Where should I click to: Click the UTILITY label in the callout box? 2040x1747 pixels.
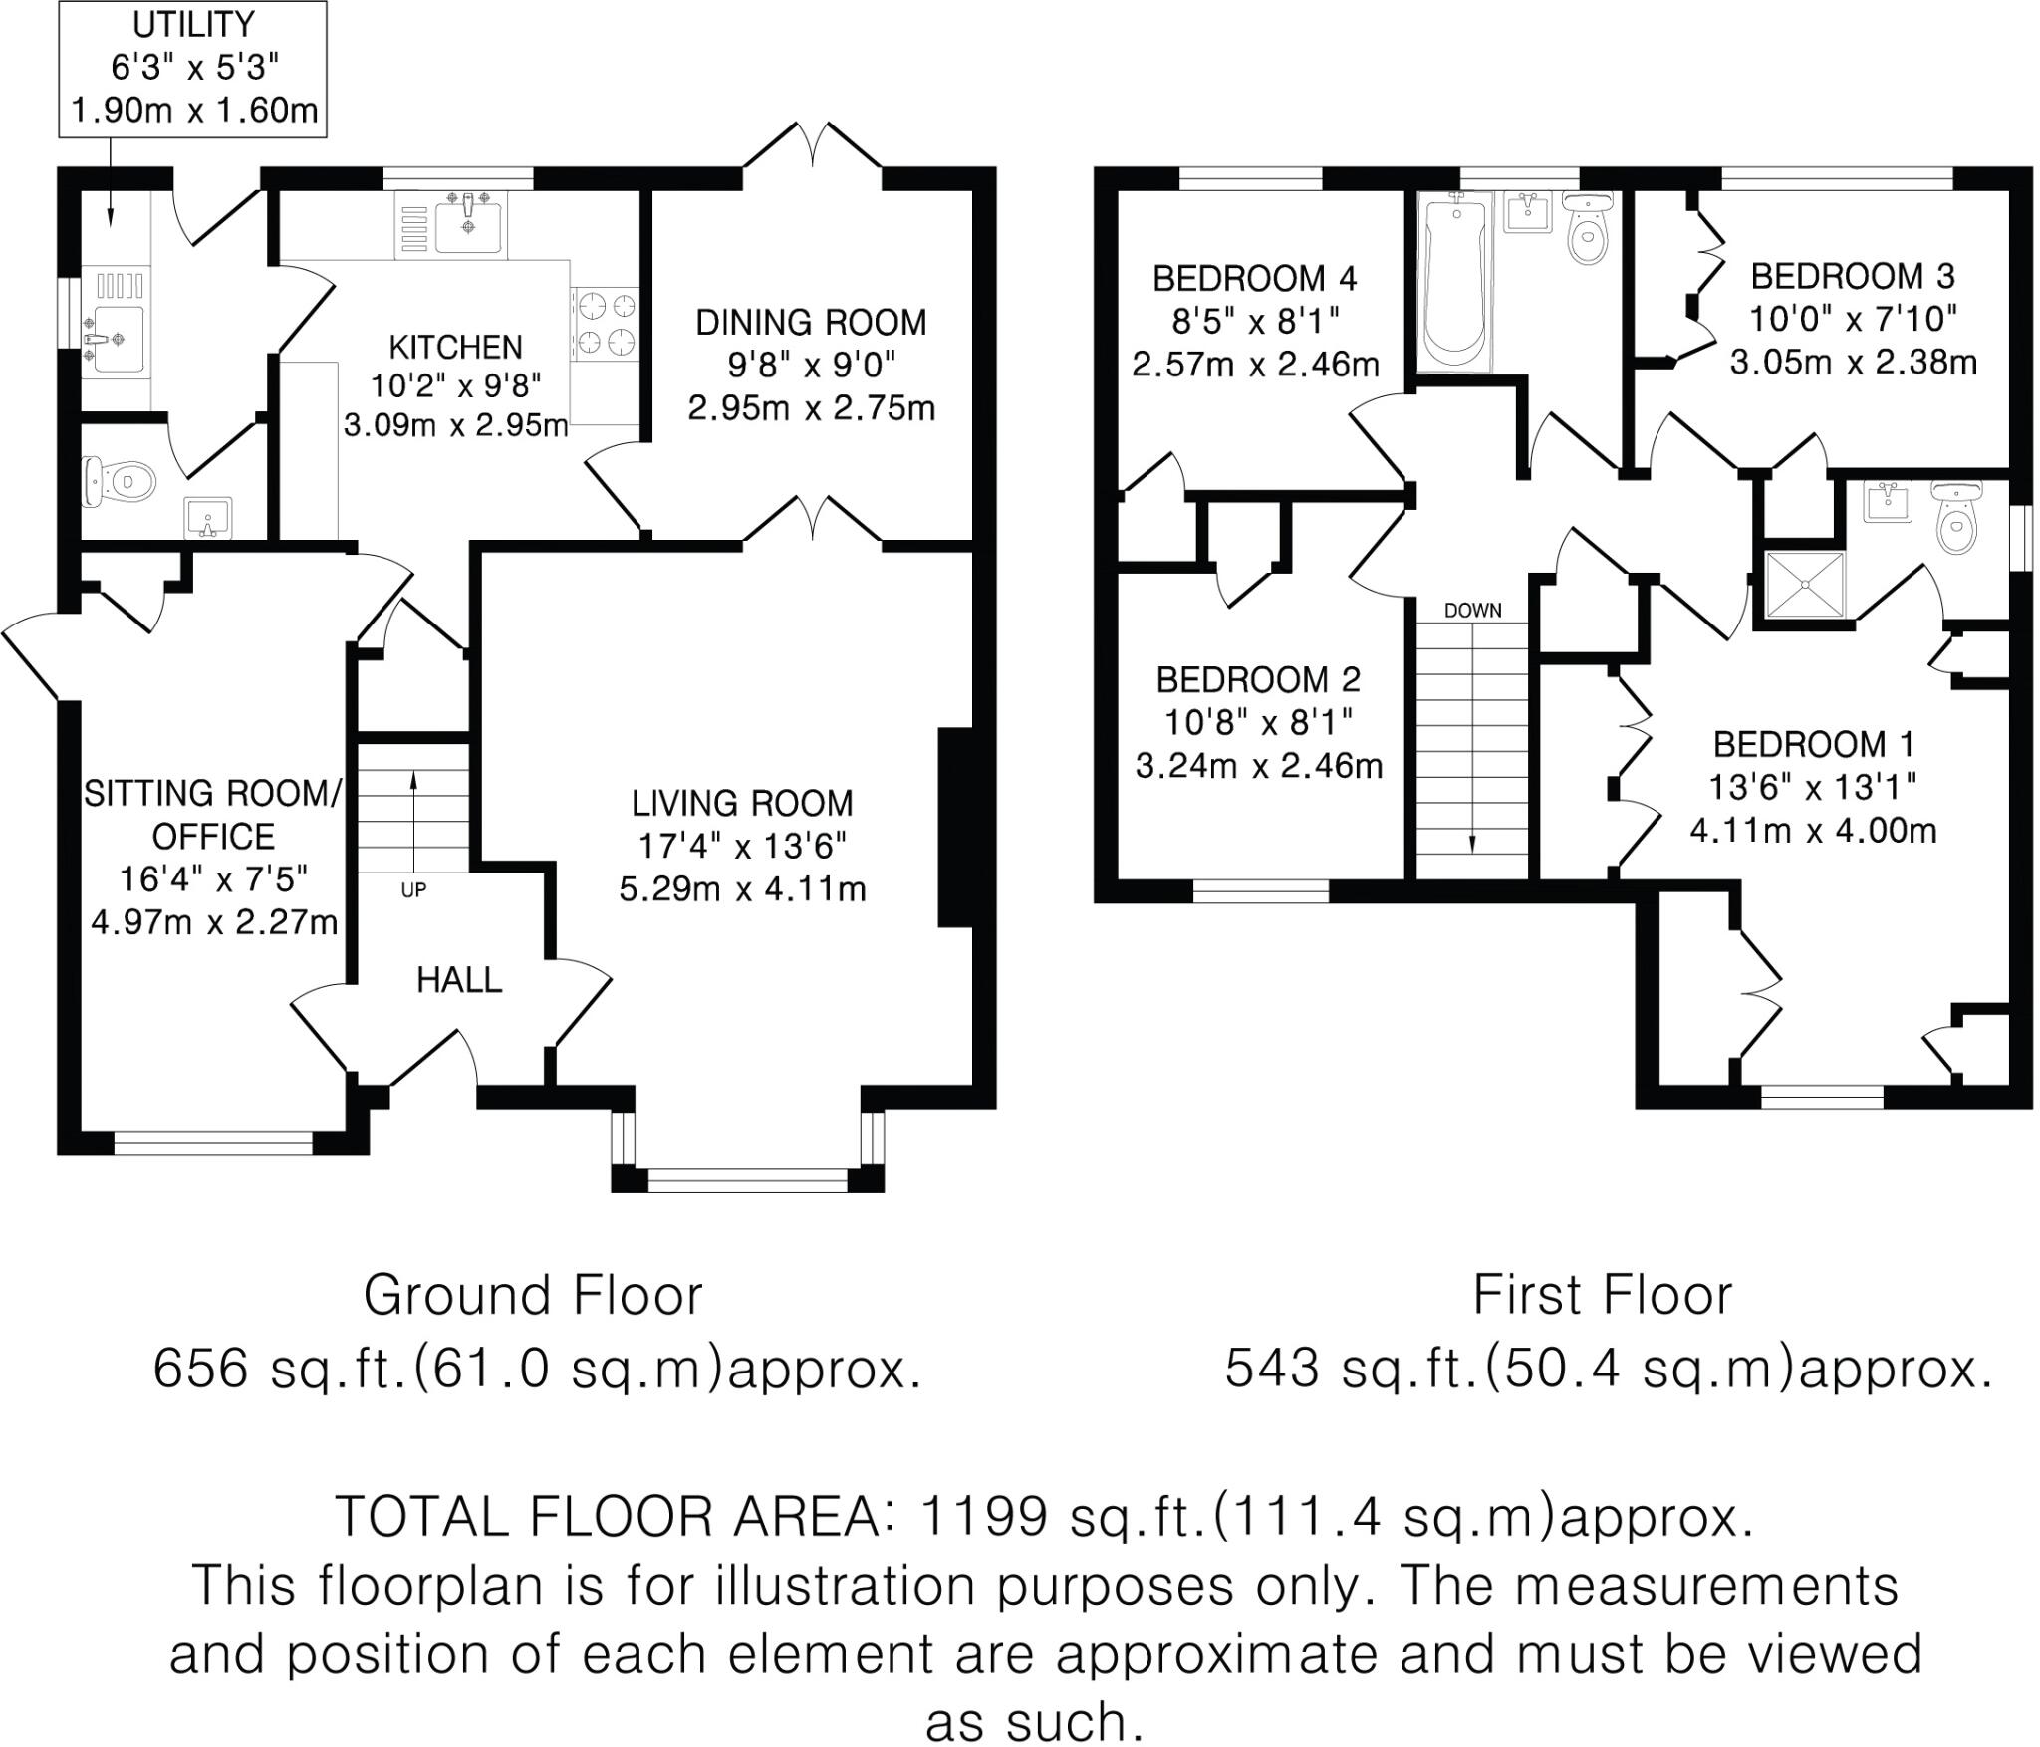[193, 23]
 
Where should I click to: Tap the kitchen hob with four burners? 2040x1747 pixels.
[605, 322]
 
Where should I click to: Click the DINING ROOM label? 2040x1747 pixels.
[811, 322]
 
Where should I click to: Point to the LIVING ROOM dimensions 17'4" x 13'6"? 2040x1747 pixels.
[742, 846]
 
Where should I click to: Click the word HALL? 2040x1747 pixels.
[459, 980]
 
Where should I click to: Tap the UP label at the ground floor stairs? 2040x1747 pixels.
[413, 890]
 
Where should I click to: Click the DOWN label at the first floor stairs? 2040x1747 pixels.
[1472, 610]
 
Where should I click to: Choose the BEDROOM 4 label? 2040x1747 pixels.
[1255, 278]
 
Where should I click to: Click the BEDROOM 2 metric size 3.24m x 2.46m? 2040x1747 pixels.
[1259, 766]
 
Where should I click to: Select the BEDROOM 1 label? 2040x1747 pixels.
[1814, 744]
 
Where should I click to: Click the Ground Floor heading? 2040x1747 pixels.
[533, 1295]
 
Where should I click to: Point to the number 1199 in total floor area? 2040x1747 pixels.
[982, 1516]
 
